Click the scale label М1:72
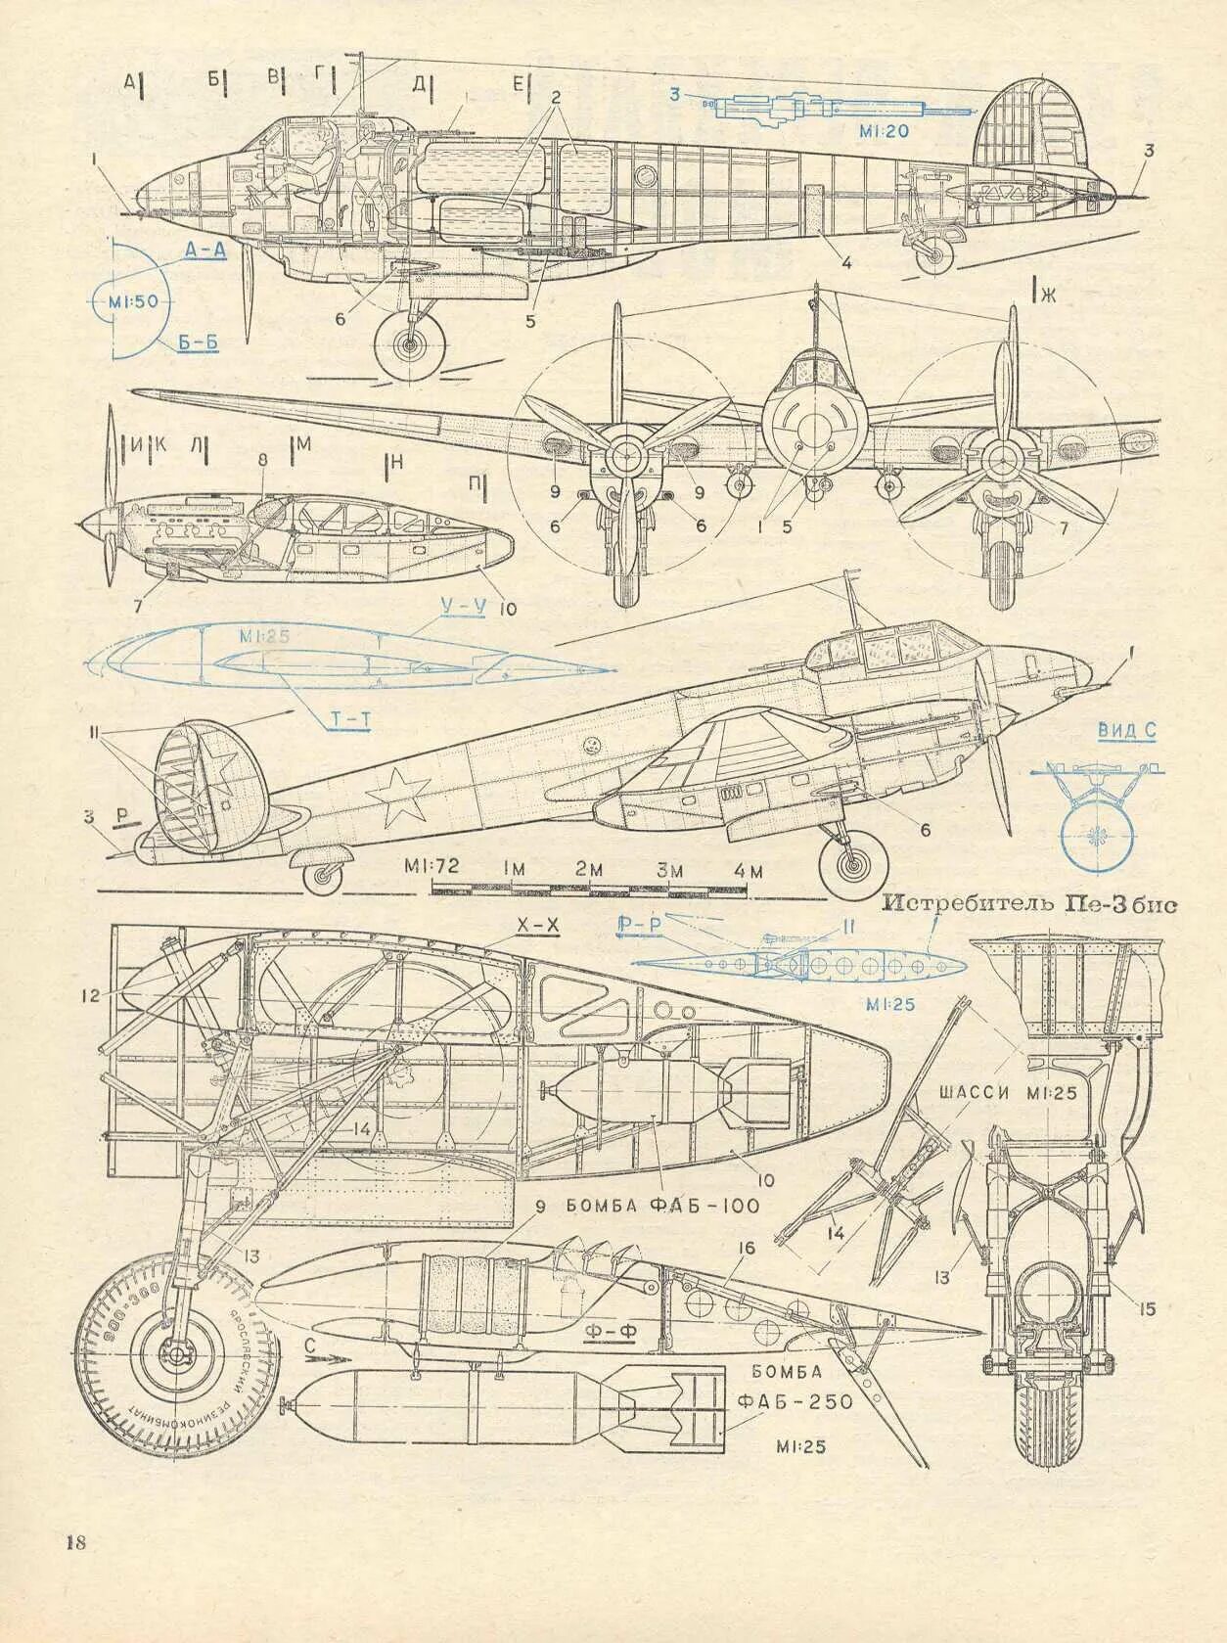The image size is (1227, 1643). [x=432, y=867]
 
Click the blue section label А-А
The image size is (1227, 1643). [x=205, y=250]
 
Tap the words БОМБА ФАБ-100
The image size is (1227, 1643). [x=661, y=1206]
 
